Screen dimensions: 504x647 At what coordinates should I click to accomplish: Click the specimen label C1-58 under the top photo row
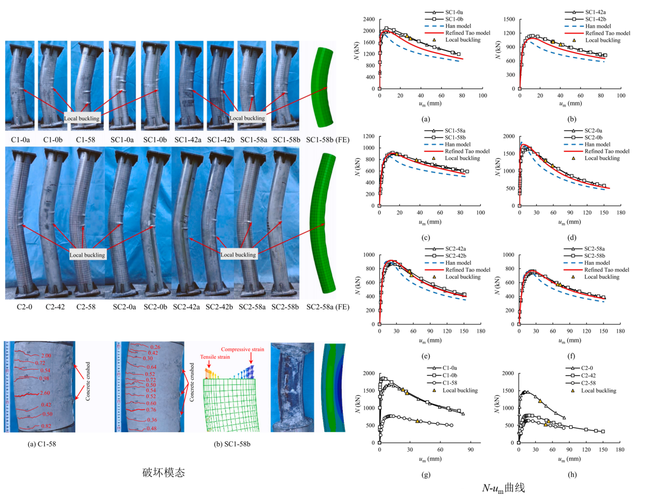(85, 140)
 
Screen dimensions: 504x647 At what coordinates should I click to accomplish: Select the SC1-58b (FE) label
(328, 140)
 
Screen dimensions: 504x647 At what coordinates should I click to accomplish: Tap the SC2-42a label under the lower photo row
(186, 307)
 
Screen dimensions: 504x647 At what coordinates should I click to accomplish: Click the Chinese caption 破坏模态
(164, 473)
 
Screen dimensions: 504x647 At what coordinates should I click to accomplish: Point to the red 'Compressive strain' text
(242, 349)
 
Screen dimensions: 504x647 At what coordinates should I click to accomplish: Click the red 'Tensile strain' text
(215, 357)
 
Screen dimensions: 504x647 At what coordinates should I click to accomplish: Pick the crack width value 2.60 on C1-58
(45, 393)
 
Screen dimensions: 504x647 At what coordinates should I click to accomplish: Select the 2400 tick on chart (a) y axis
(369, 19)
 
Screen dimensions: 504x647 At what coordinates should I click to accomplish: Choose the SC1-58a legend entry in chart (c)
(455, 130)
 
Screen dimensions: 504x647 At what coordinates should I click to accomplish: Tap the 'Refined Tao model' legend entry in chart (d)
(607, 151)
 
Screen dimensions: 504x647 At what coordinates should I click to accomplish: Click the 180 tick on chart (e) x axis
(481, 331)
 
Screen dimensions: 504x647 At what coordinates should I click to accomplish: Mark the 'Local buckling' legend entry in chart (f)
(602, 277)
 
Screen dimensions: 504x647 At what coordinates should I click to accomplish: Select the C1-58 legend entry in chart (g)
(450, 383)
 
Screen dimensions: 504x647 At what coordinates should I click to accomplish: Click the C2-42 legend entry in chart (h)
(588, 376)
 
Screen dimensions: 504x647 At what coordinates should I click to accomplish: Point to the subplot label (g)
(426, 474)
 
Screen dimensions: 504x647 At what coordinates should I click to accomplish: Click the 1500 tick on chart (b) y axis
(510, 19)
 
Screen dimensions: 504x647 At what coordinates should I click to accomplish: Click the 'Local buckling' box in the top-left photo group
(82, 118)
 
